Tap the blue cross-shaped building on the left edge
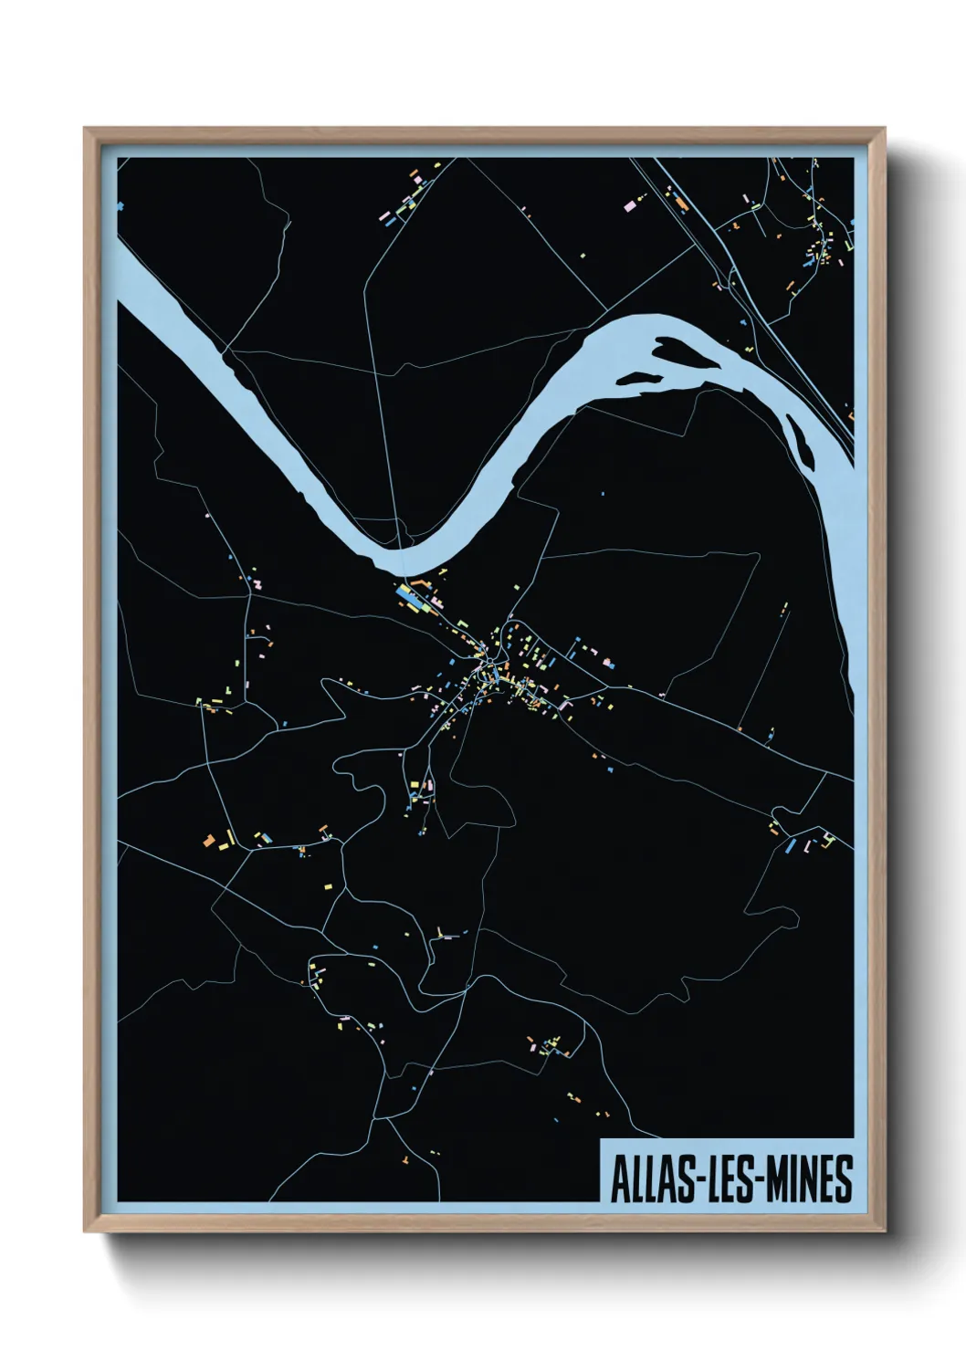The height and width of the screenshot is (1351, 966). pos(120,207)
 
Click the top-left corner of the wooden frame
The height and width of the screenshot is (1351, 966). pos(86,129)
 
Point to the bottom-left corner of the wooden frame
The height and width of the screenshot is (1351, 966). pos(86,1231)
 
